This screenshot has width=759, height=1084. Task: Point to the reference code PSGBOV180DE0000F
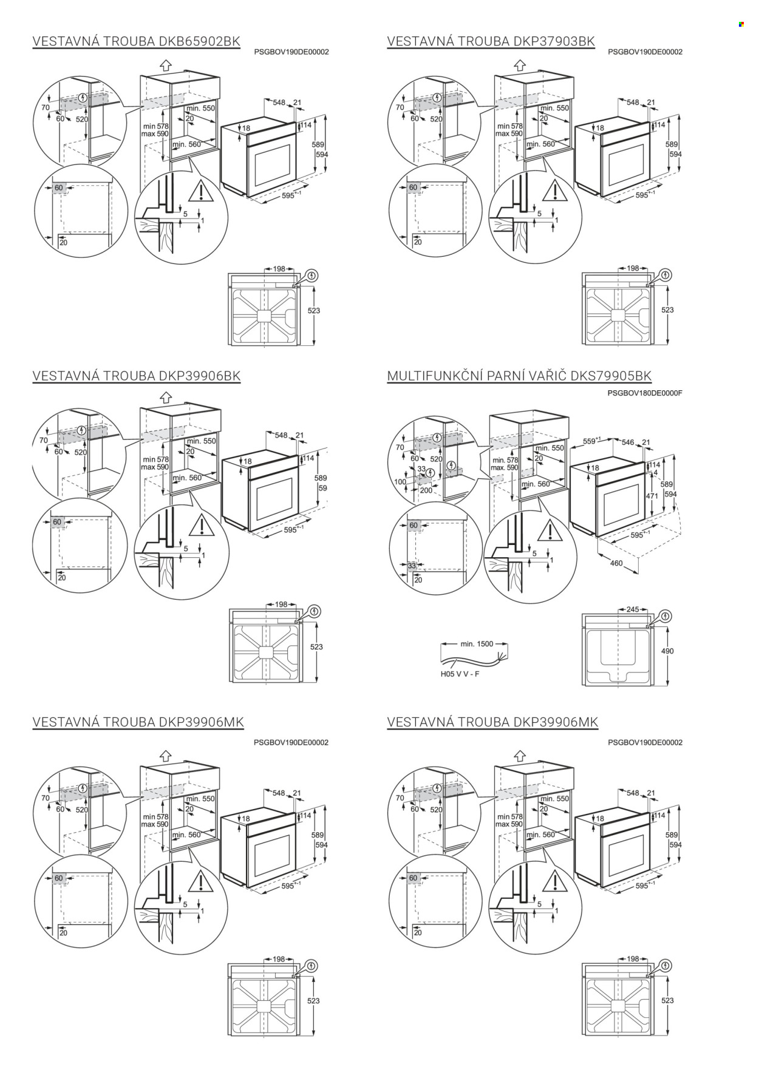pyautogui.click(x=645, y=393)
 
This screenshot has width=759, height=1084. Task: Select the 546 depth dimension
pyautogui.click(x=628, y=442)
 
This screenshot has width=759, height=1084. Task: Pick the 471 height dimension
pyautogui.click(x=652, y=496)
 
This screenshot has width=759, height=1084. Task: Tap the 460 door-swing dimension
pyautogui.click(x=616, y=563)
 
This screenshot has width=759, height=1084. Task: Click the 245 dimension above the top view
pyautogui.click(x=633, y=609)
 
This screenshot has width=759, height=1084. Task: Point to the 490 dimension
pyautogui.click(x=667, y=651)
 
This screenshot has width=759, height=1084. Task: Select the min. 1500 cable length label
pyautogui.click(x=477, y=644)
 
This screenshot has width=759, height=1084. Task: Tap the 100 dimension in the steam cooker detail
pyautogui.click(x=400, y=482)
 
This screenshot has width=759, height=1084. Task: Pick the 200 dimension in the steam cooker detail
pyautogui.click(x=426, y=490)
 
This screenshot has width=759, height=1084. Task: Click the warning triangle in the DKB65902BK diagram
pyautogui.click(x=200, y=192)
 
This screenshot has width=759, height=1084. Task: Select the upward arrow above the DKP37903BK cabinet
pyautogui.click(x=520, y=65)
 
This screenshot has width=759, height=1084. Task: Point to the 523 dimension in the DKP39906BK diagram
pyautogui.click(x=316, y=647)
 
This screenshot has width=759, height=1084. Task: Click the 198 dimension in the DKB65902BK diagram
pyautogui.click(x=279, y=269)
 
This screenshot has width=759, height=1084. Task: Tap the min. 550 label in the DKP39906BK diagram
pyautogui.click(x=202, y=441)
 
